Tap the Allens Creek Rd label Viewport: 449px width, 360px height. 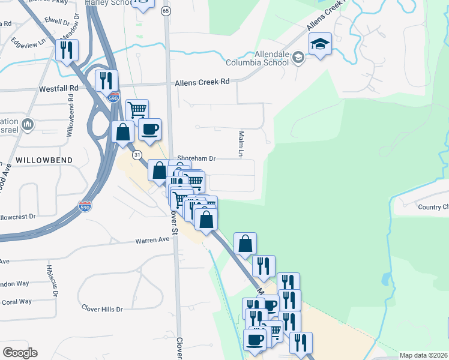[x=202, y=82]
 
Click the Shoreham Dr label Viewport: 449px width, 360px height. [x=196, y=159]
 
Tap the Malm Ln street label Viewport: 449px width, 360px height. [x=241, y=145]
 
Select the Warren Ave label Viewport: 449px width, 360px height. [x=152, y=241]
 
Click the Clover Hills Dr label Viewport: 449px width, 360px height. [x=102, y=309]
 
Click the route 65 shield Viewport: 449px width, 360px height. [x=166, y=11]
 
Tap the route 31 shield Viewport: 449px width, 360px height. [x=137, y=155]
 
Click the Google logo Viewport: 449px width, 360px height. [x=20, y=353]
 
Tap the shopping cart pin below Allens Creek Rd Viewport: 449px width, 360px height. [x=137, y=109]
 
